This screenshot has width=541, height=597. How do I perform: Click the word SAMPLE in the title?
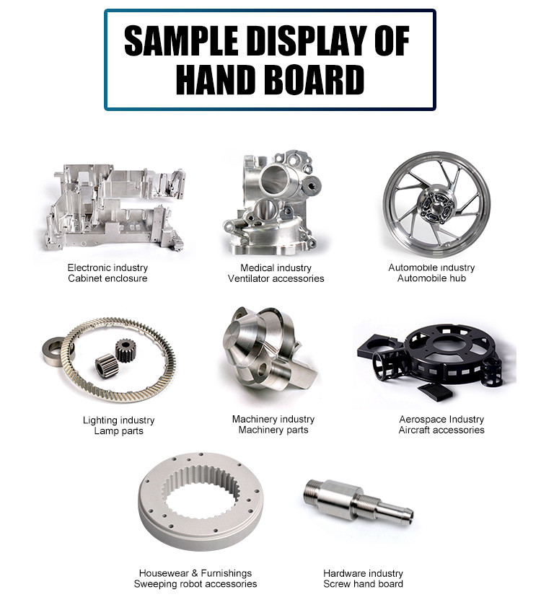pyautogui.click(x=181, y=41)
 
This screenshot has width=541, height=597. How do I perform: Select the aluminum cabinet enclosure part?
pyautogui.click(x=113, y=207)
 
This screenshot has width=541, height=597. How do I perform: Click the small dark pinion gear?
pyautogui.click(x=126, y=350)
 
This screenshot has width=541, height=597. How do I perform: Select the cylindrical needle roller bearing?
pyautogui.click(x=106, y=365)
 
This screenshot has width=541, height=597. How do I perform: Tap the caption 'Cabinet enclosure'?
pyautogui.click(x=107, y=278)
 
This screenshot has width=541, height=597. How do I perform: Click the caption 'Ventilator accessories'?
pyautogui.click(x=276, y=278)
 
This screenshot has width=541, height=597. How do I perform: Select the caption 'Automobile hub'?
pyautogui.click(x=431, y=278)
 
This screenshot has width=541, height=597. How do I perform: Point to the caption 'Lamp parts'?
pyautogui.click(x=118, y=431)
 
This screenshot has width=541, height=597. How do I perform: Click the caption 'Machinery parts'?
pyautogui.click(x=273, y=430)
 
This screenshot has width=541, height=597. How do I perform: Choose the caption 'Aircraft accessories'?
pyautogui.click(x=441, y=430)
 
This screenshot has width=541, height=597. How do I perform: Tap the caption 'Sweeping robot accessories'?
pyautogui.click(x=195, y=584)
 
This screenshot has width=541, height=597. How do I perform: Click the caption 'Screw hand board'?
pyautogui.click(x=363, y=584)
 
